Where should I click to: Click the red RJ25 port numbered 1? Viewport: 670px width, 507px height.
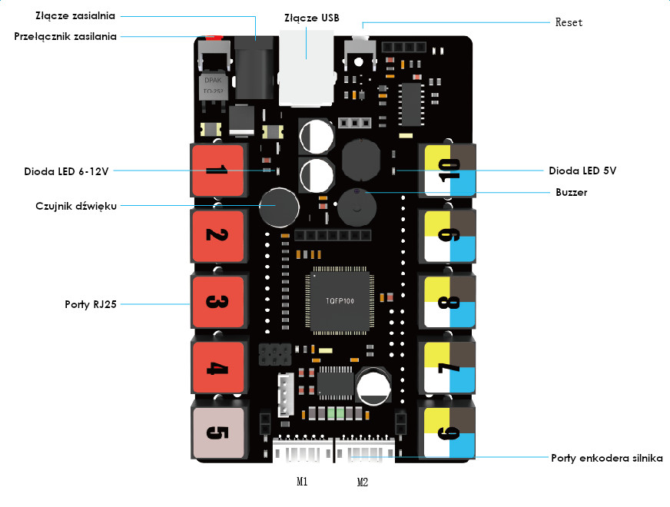pyautogui.click(x=218, y=170)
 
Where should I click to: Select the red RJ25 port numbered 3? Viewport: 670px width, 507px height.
pyautogui.click(x=218, y=302)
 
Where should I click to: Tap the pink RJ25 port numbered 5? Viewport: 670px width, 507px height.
pyautogui.click(x=218, y=432)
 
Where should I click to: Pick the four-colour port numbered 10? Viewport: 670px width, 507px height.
pyautogui.click(x=449, y=170)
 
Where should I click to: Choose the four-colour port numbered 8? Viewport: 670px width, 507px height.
pyautogui.click(x=449, y=302)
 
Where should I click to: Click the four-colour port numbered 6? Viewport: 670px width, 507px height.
pyautogui.click(x=449, y=432)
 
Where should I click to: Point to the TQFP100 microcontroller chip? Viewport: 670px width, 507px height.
pyautogui.click(x=340, y=300)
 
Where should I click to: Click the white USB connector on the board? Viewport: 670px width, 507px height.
pyautogui.click(x=307, y=68)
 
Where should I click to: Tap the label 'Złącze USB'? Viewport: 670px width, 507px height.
pyautogui.click(x=312, y=18)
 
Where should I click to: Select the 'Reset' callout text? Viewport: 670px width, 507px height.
pyautogui.click(x=569, y=22)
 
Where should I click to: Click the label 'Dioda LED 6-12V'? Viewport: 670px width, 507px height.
pyautogui.click(x=66, y=172)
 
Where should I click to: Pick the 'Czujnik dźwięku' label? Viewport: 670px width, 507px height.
pyautogui.click(x=76, y=206)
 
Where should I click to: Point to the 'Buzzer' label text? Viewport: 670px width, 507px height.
pyautogui.click(x=572, y=192)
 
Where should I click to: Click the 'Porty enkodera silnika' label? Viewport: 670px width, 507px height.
pyautogui.click(x=607, y=459)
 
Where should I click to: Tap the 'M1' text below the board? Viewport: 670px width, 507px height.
pyautogui.click(x=302, y=482)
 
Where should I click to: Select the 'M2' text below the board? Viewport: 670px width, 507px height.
pyautogui.click(x=363, y=482)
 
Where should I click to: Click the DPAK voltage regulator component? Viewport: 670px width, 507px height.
pyautogui.click(x=214, y=87)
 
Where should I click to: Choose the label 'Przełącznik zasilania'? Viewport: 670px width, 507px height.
pyautogui.click(x=65, y=36)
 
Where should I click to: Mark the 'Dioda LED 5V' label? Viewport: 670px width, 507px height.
pyautogui.click(x=582, y=171)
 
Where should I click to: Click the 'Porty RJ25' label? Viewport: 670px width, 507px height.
pyautogui.click(x=91, y=304)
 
